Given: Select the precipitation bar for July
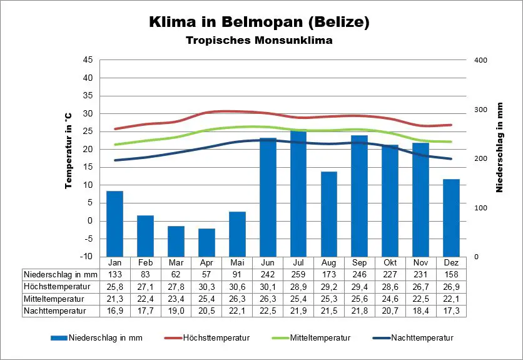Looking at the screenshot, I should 298,193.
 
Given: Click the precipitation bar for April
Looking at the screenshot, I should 206,242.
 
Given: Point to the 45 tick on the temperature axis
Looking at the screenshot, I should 88,60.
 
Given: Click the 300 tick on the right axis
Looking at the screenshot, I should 480,110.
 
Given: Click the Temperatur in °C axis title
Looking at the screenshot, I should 68,151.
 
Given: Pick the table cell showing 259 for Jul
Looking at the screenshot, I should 298,275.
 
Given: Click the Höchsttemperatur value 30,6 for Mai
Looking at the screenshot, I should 237,287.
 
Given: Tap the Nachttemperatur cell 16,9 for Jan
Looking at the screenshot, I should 114,311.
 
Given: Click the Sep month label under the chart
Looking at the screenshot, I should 359,263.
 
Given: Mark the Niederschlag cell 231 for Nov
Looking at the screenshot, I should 420,275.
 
